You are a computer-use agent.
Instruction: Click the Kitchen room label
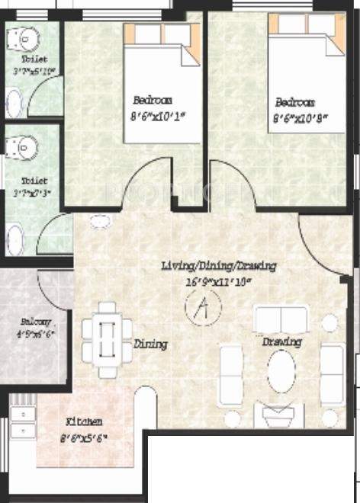tap(84, 421)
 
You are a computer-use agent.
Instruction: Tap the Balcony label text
tap(36, 322)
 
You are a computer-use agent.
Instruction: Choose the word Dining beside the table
tap(150, 344)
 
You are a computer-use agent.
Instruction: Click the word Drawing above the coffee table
tap(281, 342)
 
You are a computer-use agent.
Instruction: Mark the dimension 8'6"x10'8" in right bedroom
tap(301, 118)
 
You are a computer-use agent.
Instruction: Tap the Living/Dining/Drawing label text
tap(218, 266)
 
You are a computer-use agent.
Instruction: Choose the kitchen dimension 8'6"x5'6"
tap(85, 436)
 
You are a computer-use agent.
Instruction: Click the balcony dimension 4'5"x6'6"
tap(35, 334)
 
